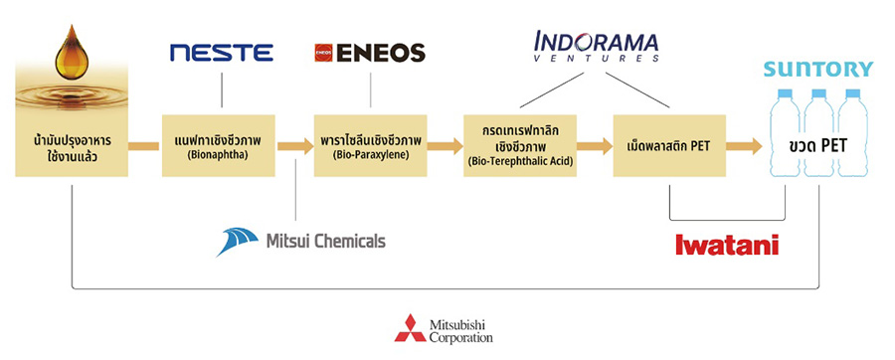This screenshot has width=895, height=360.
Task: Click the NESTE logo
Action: (220, 53)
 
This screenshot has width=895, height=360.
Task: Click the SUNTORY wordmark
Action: (817, 69)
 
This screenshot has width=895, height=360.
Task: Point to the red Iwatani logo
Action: (726, 244)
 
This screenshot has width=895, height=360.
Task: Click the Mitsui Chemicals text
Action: (325, 241)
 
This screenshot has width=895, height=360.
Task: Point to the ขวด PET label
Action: (818, 147)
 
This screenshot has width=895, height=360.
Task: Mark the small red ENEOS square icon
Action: (322, 53)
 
